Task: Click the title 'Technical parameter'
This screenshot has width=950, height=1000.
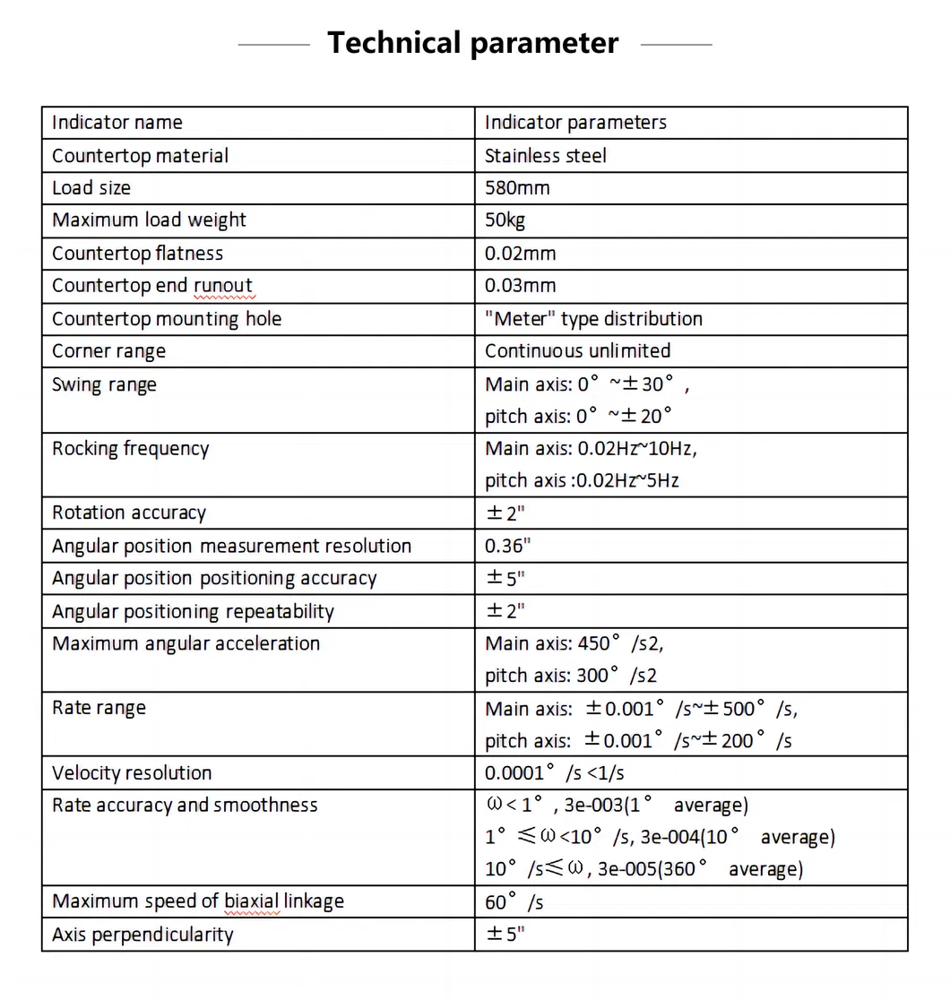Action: (x=472, y=43)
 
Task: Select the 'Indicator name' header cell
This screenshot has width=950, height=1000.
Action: (x=117, y=123)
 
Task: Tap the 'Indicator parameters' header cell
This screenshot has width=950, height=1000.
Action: (x=575, y=123)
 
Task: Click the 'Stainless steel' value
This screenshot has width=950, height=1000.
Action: (x=545, y=156)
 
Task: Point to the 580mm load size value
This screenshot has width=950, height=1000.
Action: (x=517, y=188)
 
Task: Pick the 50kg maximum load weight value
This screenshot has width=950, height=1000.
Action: (x=505, y=220)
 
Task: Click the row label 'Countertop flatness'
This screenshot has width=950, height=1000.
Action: (x=137, y=254)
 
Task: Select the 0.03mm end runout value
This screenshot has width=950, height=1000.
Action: (x=520, y=286)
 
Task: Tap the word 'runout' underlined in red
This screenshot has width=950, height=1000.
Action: (x=223, y=286)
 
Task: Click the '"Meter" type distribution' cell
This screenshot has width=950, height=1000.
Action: (x=593, y=319)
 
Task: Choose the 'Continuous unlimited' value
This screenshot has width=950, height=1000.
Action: (x=577, y=351)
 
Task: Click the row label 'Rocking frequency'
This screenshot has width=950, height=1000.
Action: (x=130, y=449)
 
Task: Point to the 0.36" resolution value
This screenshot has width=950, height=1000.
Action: (x=507, y=546)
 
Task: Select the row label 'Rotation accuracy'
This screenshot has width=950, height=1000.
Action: (x=128, y=513)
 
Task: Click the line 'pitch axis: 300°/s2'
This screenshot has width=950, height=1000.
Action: (x=571, y=676)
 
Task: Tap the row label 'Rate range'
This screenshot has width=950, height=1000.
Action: (x=99, y=708)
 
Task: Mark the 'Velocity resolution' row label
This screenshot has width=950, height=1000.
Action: (x=132, y=773)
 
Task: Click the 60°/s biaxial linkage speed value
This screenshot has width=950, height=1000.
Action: (x=514, y=902)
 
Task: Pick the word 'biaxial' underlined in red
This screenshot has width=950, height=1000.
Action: (x=252, y=901)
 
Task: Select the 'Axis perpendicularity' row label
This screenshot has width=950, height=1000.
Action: (x=142, y=935)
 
